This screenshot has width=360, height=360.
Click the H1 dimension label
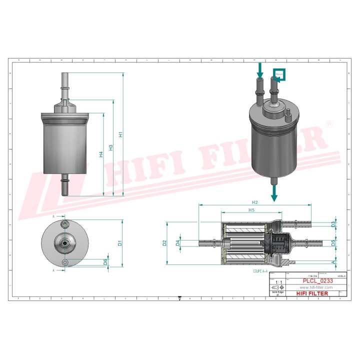[x=120, y=134]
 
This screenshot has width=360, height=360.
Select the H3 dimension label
[x=110, y=147]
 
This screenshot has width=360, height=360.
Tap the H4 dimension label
[x=101, y=154]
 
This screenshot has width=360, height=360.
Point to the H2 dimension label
[x=254, y=202]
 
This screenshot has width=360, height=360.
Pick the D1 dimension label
[x=120, y=243]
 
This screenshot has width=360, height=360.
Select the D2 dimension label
[x=164, y=243]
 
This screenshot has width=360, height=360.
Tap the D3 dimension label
[x=333, y=225]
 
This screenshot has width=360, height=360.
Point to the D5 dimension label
[x=333, y=243]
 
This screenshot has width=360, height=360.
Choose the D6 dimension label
[x=105, y=261]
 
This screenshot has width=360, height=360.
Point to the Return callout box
[x=278, y=75]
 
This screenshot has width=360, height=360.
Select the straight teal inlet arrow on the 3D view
[x=259, y=69]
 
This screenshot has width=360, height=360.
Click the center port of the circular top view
[x=64, y=244]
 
